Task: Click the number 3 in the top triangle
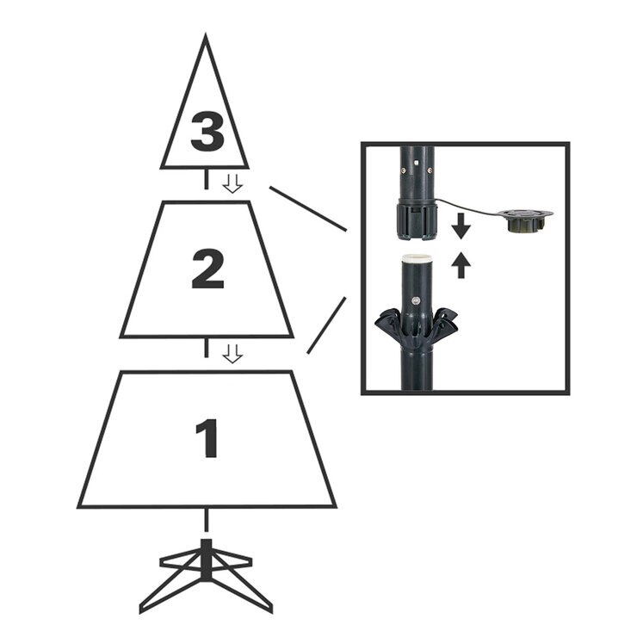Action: point(207,132)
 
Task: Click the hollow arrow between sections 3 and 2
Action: point(232,182)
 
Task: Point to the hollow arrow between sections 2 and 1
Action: point(232,353)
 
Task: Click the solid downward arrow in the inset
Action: point(461,226)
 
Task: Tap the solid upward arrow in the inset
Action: point(461,264)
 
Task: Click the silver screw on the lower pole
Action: point(417,301)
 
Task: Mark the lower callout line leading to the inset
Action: point(326,325)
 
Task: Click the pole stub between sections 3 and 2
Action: point(206,180)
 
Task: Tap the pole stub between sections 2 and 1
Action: point(206,348)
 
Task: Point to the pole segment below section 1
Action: point(206,520)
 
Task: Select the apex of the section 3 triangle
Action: point(205,39)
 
